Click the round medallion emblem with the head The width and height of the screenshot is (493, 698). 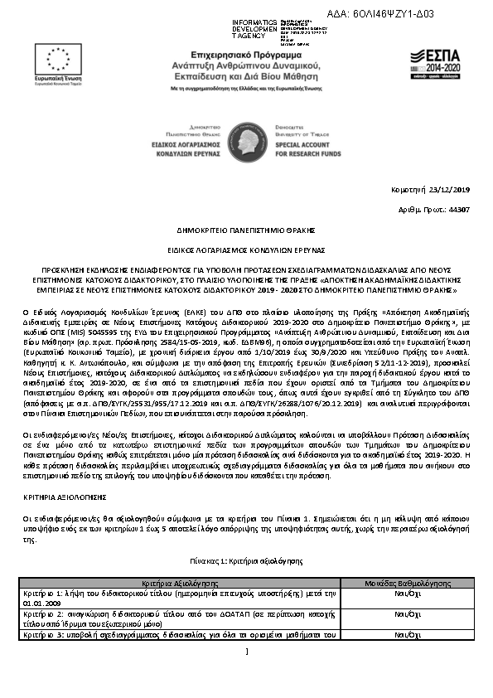[246, 138]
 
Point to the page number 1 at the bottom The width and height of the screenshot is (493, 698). [247, 674]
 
